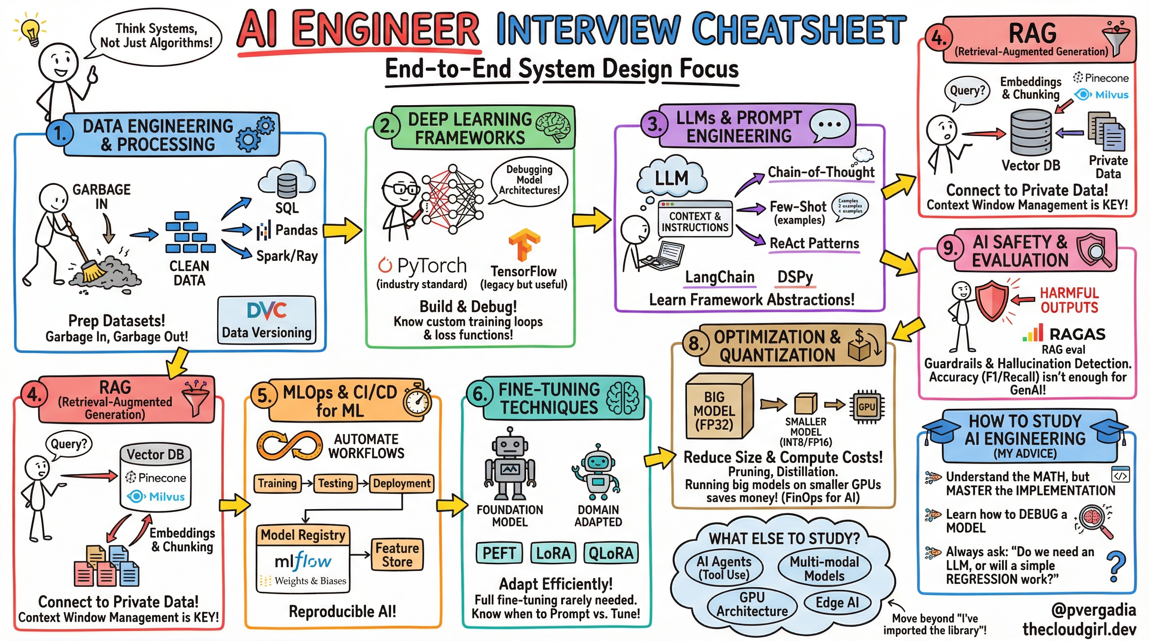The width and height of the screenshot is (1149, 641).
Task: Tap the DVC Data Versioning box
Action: point(266,320)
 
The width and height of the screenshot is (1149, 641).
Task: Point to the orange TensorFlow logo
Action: point(524,244)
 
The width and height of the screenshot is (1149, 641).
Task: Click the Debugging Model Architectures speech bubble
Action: point(529,180)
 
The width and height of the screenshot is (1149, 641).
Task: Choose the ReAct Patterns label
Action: point(814,243)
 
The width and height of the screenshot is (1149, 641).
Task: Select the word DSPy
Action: point(795,277)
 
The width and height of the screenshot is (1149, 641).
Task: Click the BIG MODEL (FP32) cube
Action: point(718,408)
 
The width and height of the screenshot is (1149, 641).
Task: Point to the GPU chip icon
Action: point(866,406)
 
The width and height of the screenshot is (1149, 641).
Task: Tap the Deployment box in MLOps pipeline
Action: point(401,484)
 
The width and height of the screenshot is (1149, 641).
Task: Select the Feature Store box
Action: point(397,555)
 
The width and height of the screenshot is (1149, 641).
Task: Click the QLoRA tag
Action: point(611,553)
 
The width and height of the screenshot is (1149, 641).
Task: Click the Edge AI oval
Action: point(837,602)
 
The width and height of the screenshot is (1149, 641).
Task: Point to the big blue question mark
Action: point(1116,566)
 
